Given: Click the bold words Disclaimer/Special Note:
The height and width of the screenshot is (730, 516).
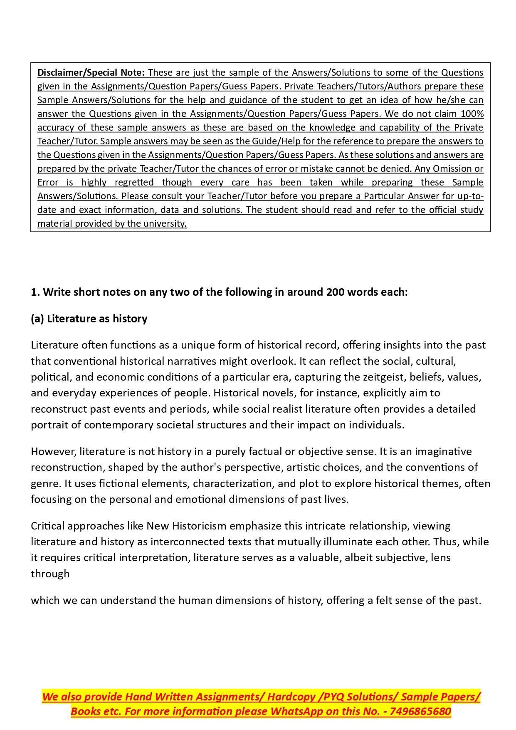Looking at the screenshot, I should click(x=91, y=73).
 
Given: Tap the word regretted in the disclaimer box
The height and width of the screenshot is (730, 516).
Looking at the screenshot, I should click(x=134, y=183).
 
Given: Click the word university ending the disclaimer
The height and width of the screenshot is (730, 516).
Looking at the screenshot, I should click(x=165, y=224).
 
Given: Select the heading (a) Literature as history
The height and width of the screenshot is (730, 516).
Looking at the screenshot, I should click(x=89, y=319).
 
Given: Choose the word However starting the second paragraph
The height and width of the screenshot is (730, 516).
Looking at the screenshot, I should click(x=54, y=452).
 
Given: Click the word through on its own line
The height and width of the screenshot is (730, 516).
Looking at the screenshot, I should click(x=50, y=574).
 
